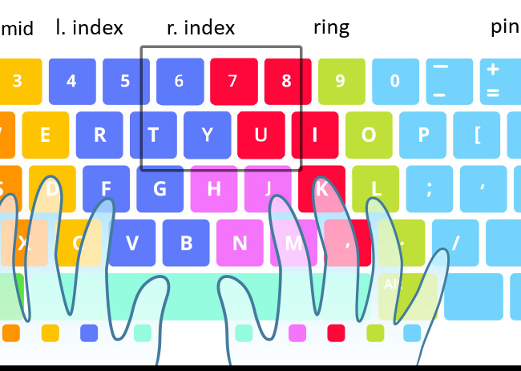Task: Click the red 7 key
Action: (x=232, y=81)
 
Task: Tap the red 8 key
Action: (x=286, y=81)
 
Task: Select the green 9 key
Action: (x=341, y=81)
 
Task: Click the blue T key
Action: (x=153, y=135)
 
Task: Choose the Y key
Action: (x=207, y=135)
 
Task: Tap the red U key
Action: (x=260, y=135)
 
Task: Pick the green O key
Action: (x=369, y=135)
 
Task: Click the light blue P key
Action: (x=423, y=135)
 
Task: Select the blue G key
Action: (x=160, y=189)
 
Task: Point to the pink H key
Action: (x=214, y=189)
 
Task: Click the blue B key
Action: (x=186, y=243)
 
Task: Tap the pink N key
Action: (x=240, y=243)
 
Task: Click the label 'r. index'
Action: (x=200, y=28)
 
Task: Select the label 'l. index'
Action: (x=89, y=28)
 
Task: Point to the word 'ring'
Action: (x=331, y=28)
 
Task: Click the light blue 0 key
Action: (x=394, y=81)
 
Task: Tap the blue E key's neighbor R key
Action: (x=99, y=135)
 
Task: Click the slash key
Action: (x=455, y=243)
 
